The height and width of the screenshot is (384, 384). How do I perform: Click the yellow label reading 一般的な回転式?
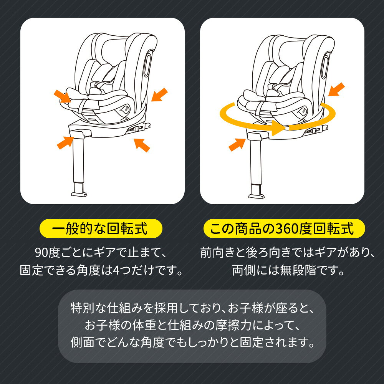pyautogui.click(x=101, y=230)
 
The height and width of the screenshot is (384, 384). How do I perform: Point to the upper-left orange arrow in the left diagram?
pyautogui.click(x=62, y=96)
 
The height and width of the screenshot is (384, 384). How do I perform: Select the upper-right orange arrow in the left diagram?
pyautogui.click(x=159, y=94)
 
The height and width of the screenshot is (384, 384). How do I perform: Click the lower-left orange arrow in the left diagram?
pyautogui.click(x=65, y=142)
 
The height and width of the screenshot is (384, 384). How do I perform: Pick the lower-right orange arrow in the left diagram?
pyautogui.click(x=141, y=144)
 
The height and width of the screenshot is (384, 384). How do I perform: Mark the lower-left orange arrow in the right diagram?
pyautogui.click(x=237, y=144)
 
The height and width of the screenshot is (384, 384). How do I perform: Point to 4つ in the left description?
pyautogui.click(x=121, y=271)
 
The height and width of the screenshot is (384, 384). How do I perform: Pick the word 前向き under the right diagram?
pyautogui.click(x=217, y=253)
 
